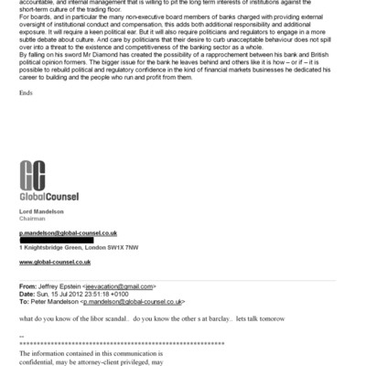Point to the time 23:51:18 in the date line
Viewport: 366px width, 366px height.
click(96, 294)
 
